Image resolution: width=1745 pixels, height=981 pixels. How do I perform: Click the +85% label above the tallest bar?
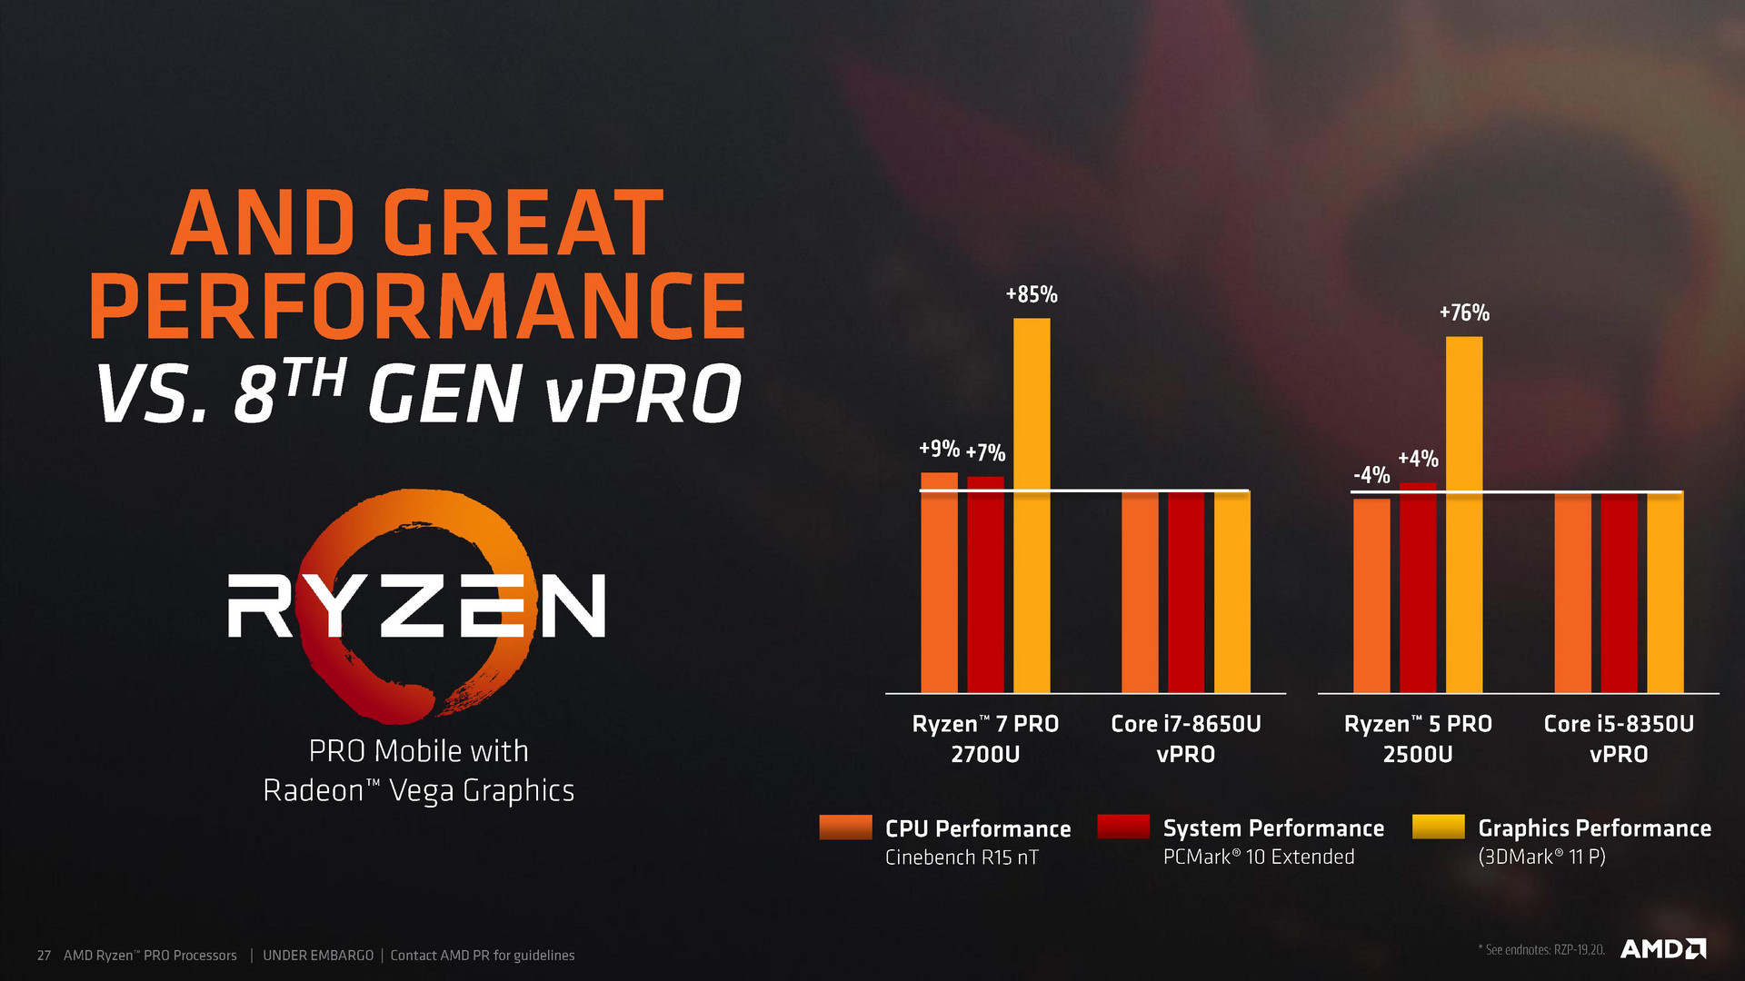click(1032, 294)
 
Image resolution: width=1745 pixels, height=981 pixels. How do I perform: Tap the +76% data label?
click(1464, 313)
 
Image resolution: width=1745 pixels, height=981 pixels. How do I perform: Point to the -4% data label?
click(1371, 475)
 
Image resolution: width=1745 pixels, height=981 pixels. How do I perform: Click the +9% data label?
click(939, 449)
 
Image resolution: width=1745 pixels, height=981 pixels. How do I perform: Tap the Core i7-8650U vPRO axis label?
click(1186, 738)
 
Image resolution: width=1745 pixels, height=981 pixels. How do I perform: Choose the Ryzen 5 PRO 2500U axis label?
click(1418, 738)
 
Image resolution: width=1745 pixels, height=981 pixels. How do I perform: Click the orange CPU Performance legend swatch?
click(845, 827)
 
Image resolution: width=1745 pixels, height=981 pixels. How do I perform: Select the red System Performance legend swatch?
click(1123, 827)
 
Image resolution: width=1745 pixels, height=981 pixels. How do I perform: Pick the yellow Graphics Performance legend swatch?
click(1439, 827)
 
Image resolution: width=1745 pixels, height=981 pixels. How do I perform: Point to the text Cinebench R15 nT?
click(962, 857)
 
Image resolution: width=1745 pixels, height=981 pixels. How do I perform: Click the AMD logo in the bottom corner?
click(1663, 949)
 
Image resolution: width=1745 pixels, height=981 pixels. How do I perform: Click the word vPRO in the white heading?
click(643, 393)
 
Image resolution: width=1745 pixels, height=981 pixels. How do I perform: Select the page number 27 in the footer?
click(44, 956)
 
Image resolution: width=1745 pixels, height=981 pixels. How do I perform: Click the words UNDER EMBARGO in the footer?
click(318, 956)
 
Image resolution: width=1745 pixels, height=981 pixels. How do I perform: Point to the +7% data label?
click(985, 452)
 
